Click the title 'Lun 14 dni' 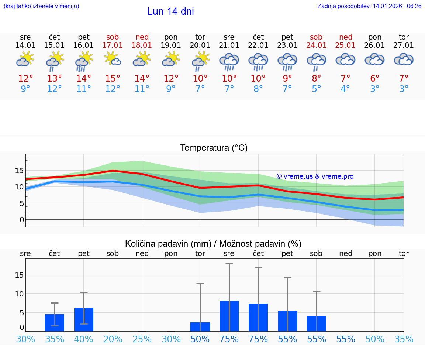pos(170,11)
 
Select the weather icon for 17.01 pos(113,59)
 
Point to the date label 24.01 pos(317,45)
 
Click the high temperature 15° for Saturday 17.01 pos(113,78)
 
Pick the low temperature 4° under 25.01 pos(345,89)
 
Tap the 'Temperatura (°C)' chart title pos(214,148)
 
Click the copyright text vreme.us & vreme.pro pos(315,176)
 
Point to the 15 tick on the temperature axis pos(19,171)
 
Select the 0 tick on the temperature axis pos(22,220)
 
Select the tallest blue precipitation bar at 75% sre pos(229,316)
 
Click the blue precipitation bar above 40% pos(84,319)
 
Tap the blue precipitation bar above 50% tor pos(200,326)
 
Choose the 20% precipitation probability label pos(113,339)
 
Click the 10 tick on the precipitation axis pos(19,294)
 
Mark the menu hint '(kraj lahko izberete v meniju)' pos(41,6)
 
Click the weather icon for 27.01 pos(404,59)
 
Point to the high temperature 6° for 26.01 pos(375,78)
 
